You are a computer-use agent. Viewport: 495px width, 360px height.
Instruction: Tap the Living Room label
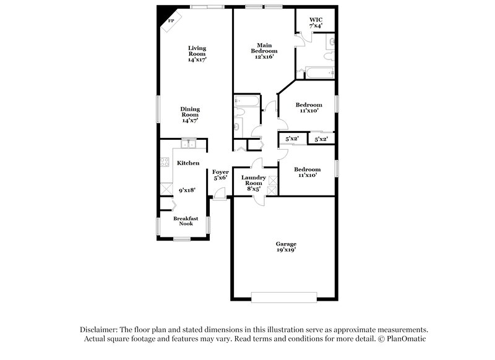click(197, 51)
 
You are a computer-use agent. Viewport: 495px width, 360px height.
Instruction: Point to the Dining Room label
click(190, 112)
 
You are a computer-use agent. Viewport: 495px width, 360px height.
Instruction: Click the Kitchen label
click(188, 163)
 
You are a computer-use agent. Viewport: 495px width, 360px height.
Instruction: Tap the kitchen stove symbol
click(165, 163)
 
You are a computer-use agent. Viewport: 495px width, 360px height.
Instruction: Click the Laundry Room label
click(254, 180)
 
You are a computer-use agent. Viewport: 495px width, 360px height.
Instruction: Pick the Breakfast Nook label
click(186, 221)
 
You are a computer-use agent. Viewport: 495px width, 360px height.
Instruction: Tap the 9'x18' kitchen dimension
click(187, 190)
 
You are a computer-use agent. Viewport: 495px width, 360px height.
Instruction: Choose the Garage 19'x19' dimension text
click(285, 250)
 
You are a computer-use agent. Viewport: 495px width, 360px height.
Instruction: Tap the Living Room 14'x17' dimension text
click(197, 60)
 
